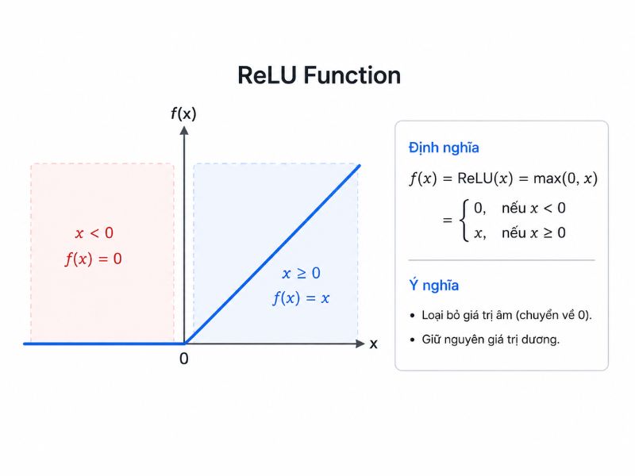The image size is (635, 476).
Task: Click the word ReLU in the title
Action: pos(267,75)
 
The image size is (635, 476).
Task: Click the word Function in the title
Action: pos(352,75)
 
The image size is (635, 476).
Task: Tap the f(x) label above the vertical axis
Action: pos(183,113)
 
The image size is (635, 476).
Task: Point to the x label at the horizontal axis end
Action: pos(373,344)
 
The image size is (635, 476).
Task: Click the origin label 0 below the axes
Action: pos(184,359)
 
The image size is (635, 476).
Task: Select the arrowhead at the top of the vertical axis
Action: pos(184,130)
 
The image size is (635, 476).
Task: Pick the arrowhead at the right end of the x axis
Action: pos(360,344)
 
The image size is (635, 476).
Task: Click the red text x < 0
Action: pos(94,232)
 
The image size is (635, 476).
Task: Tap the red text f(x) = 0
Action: pos(94,259)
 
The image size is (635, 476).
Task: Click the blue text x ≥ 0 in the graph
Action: pos(302,273)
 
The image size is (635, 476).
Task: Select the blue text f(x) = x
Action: pos(301,298)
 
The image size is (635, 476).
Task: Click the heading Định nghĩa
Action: pos(444,148)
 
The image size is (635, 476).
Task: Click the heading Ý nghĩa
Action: pos(433,285)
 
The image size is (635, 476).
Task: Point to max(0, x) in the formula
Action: pos(565,178)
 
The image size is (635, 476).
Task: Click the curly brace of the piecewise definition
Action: pos(464,221)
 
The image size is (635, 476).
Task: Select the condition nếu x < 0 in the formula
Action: pos(533,208)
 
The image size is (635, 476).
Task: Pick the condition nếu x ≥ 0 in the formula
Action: pos(533,232)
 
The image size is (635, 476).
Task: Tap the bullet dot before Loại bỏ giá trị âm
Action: pos(412,315)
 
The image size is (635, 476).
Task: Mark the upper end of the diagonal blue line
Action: pos(360,165)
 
